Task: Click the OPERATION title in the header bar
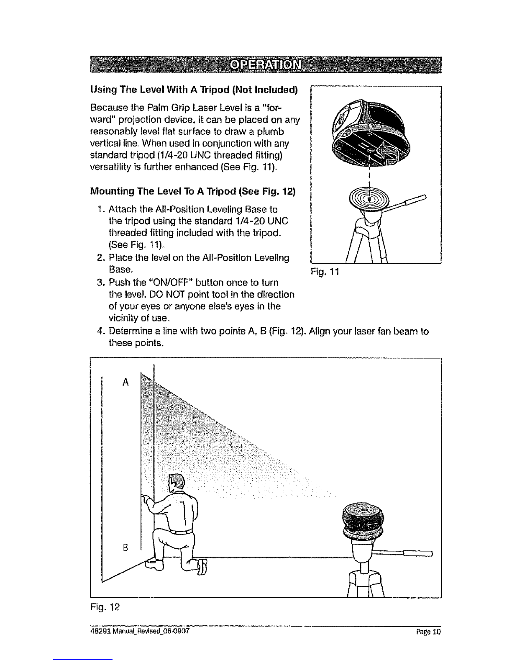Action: tap(266, 65)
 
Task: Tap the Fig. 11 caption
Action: tap(325, 272)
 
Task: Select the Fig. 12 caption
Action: tap(105, 607)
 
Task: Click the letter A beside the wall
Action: tap(125, 382)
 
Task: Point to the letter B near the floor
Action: tap(125, 548)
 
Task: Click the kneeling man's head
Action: tap(177, 483)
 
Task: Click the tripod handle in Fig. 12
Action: tap(402, 553)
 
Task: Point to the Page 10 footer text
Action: tap(429, 631)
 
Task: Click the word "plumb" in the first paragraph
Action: tap(270, 132)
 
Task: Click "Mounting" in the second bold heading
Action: tap(113, 192)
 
